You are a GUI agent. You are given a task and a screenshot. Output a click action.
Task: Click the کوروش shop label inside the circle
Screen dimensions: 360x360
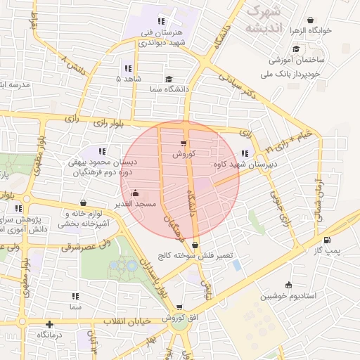184,153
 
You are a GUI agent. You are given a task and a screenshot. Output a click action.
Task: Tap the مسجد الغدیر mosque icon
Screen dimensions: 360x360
135,193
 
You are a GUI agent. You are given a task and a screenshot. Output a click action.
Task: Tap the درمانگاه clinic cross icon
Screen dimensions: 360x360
49,325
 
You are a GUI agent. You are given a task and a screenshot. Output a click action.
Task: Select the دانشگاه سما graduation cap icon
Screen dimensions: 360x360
168,79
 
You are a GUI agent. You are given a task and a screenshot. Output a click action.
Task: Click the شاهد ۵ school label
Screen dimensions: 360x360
128,79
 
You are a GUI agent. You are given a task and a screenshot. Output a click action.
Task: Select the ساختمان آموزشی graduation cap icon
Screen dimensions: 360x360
296,49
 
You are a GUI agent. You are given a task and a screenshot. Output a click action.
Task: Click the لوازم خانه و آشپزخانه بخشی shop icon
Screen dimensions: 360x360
84,203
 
